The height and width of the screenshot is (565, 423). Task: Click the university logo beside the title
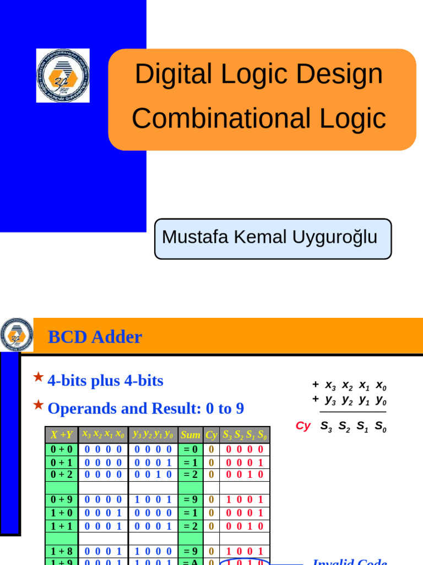pyautogui.click(x=63, y=76)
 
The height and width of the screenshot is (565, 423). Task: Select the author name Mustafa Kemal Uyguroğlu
pyautogui.click(x=270, y=237)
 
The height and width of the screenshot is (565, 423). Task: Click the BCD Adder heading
pyautogui.click(x=95, y=337)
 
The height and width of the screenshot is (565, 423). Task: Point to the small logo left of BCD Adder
pyautogui.click(x=17, y=335)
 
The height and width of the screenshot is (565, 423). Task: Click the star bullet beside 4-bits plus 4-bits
pyautogui.click(x=38, y=377)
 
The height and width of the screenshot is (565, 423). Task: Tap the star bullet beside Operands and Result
pyautogui.click(x=38, y=406)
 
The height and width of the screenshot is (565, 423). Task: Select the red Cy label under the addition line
pyautogui.click(x=303, y=427)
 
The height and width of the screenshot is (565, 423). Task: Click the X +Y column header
pyautogui.click(x=62, y=435)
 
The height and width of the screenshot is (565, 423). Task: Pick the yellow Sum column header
pyautogui.click(x=191, y=435)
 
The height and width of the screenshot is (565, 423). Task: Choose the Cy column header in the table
pyautogui.click(x=211, y=435)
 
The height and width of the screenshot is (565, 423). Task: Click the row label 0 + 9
pyautogui.click(x=62, y=500)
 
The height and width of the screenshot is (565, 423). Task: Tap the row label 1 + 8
pyautogui.click(x=62, y=551)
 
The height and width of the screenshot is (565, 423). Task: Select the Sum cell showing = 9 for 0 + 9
pyautogui.click(x=191, y=500)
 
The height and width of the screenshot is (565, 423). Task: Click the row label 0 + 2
pyautogui.click(x=62, y=475)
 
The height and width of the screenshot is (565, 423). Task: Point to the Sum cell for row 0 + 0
pyautogui.click(x=191, y=450)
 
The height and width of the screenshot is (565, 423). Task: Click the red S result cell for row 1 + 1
pyautogui.click(x=245, y=526)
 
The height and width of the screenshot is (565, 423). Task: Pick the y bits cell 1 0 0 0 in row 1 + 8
pyautogui.click(x=153, y=551)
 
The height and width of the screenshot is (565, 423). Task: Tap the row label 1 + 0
pyautogui.click(x=62, y=513)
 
